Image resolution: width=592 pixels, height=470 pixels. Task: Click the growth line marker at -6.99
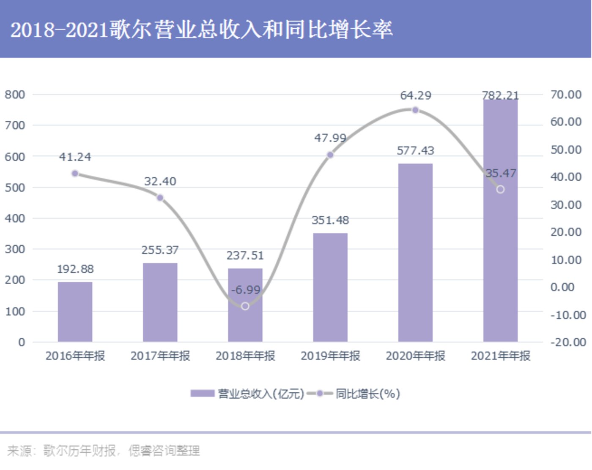coord(245,306)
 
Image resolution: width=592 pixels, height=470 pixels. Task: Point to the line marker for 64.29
coord(415,110)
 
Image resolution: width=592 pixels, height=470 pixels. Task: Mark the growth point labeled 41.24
coord(75,174)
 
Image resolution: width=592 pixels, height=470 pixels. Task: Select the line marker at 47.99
coord(330,155)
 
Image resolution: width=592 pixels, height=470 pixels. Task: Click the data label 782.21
coord(500,95)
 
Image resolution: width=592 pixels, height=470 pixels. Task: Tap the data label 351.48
coord(330,220)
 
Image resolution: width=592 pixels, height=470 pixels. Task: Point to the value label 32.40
coord(160,181)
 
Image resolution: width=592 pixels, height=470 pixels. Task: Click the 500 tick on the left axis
coord(15,187)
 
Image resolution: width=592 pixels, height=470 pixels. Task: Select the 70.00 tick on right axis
coord(566,95)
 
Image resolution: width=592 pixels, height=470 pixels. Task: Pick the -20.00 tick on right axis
coord(568,342)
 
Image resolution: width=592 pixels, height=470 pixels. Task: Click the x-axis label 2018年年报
coord(245,356)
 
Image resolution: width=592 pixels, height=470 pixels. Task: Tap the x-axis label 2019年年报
coord(330,356)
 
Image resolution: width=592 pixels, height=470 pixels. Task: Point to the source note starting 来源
coord(104,451)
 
